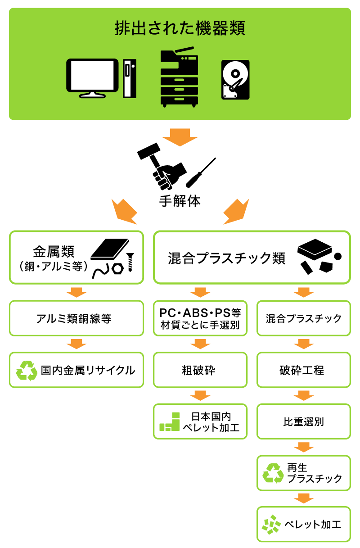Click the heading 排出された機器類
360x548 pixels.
180,29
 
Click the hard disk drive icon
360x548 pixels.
235,80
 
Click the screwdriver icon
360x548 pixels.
201,173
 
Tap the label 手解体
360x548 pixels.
180,201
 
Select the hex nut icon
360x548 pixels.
117,268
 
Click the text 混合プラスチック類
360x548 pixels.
226,258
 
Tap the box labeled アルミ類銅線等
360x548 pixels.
76,319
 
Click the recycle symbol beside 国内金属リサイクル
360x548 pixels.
27,371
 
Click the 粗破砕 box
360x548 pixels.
200,370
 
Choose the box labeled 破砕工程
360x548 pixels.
303,370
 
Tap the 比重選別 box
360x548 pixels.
303,422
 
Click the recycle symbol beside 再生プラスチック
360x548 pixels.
273,473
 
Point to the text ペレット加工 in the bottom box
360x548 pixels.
312,525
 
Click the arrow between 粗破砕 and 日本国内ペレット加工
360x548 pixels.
200,395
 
